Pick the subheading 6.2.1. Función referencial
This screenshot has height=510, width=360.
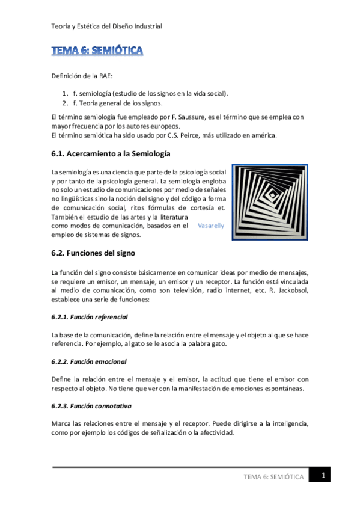[x=90, y=316]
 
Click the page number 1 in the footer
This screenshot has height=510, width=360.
[x=322, y=476]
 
